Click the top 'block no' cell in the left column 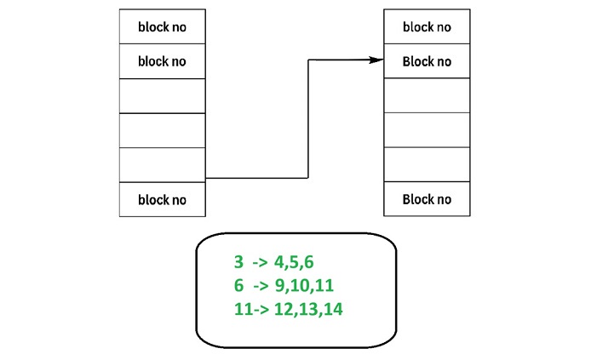click(162, 27)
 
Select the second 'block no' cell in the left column click(162, 61)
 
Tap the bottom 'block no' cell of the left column click(162, 200)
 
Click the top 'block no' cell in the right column click(427, 27)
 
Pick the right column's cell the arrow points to click(427, 61)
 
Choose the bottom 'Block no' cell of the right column click(427, 200)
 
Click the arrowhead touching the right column click(375, 60)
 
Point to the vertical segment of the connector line click(307, 119)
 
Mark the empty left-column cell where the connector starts click(162, 164)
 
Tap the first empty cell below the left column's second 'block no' click(162, 95)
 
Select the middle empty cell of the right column click(427, 129)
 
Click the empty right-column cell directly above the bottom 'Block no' click(427, 164)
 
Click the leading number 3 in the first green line click(239, 263)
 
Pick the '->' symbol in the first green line click(260, 263)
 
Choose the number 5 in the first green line click(296, 263)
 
